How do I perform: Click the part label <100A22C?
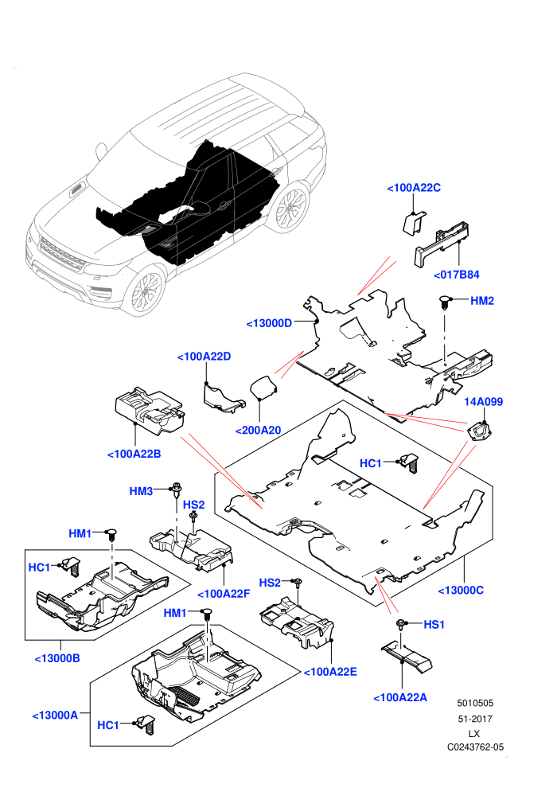(414, 188)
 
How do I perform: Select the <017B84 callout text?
(457, 275)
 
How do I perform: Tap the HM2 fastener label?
(482, 301)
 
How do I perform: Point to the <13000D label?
(269, 323)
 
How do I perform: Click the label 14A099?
(483, 401)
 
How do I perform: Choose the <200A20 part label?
(258, 430)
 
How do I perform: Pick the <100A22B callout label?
(134, 454)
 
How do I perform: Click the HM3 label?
(141, 491)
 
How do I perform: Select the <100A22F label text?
(224, 594)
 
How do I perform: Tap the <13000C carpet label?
(461, 591)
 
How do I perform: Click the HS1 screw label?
(434, 624)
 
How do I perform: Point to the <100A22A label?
(400, 697)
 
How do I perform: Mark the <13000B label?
(57, 658)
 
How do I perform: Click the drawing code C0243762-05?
(476, 747)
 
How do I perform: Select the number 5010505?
(475, 703)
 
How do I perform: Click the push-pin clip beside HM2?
(445, 302)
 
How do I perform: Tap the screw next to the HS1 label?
(401, 625)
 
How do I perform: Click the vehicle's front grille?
(62, 256)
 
